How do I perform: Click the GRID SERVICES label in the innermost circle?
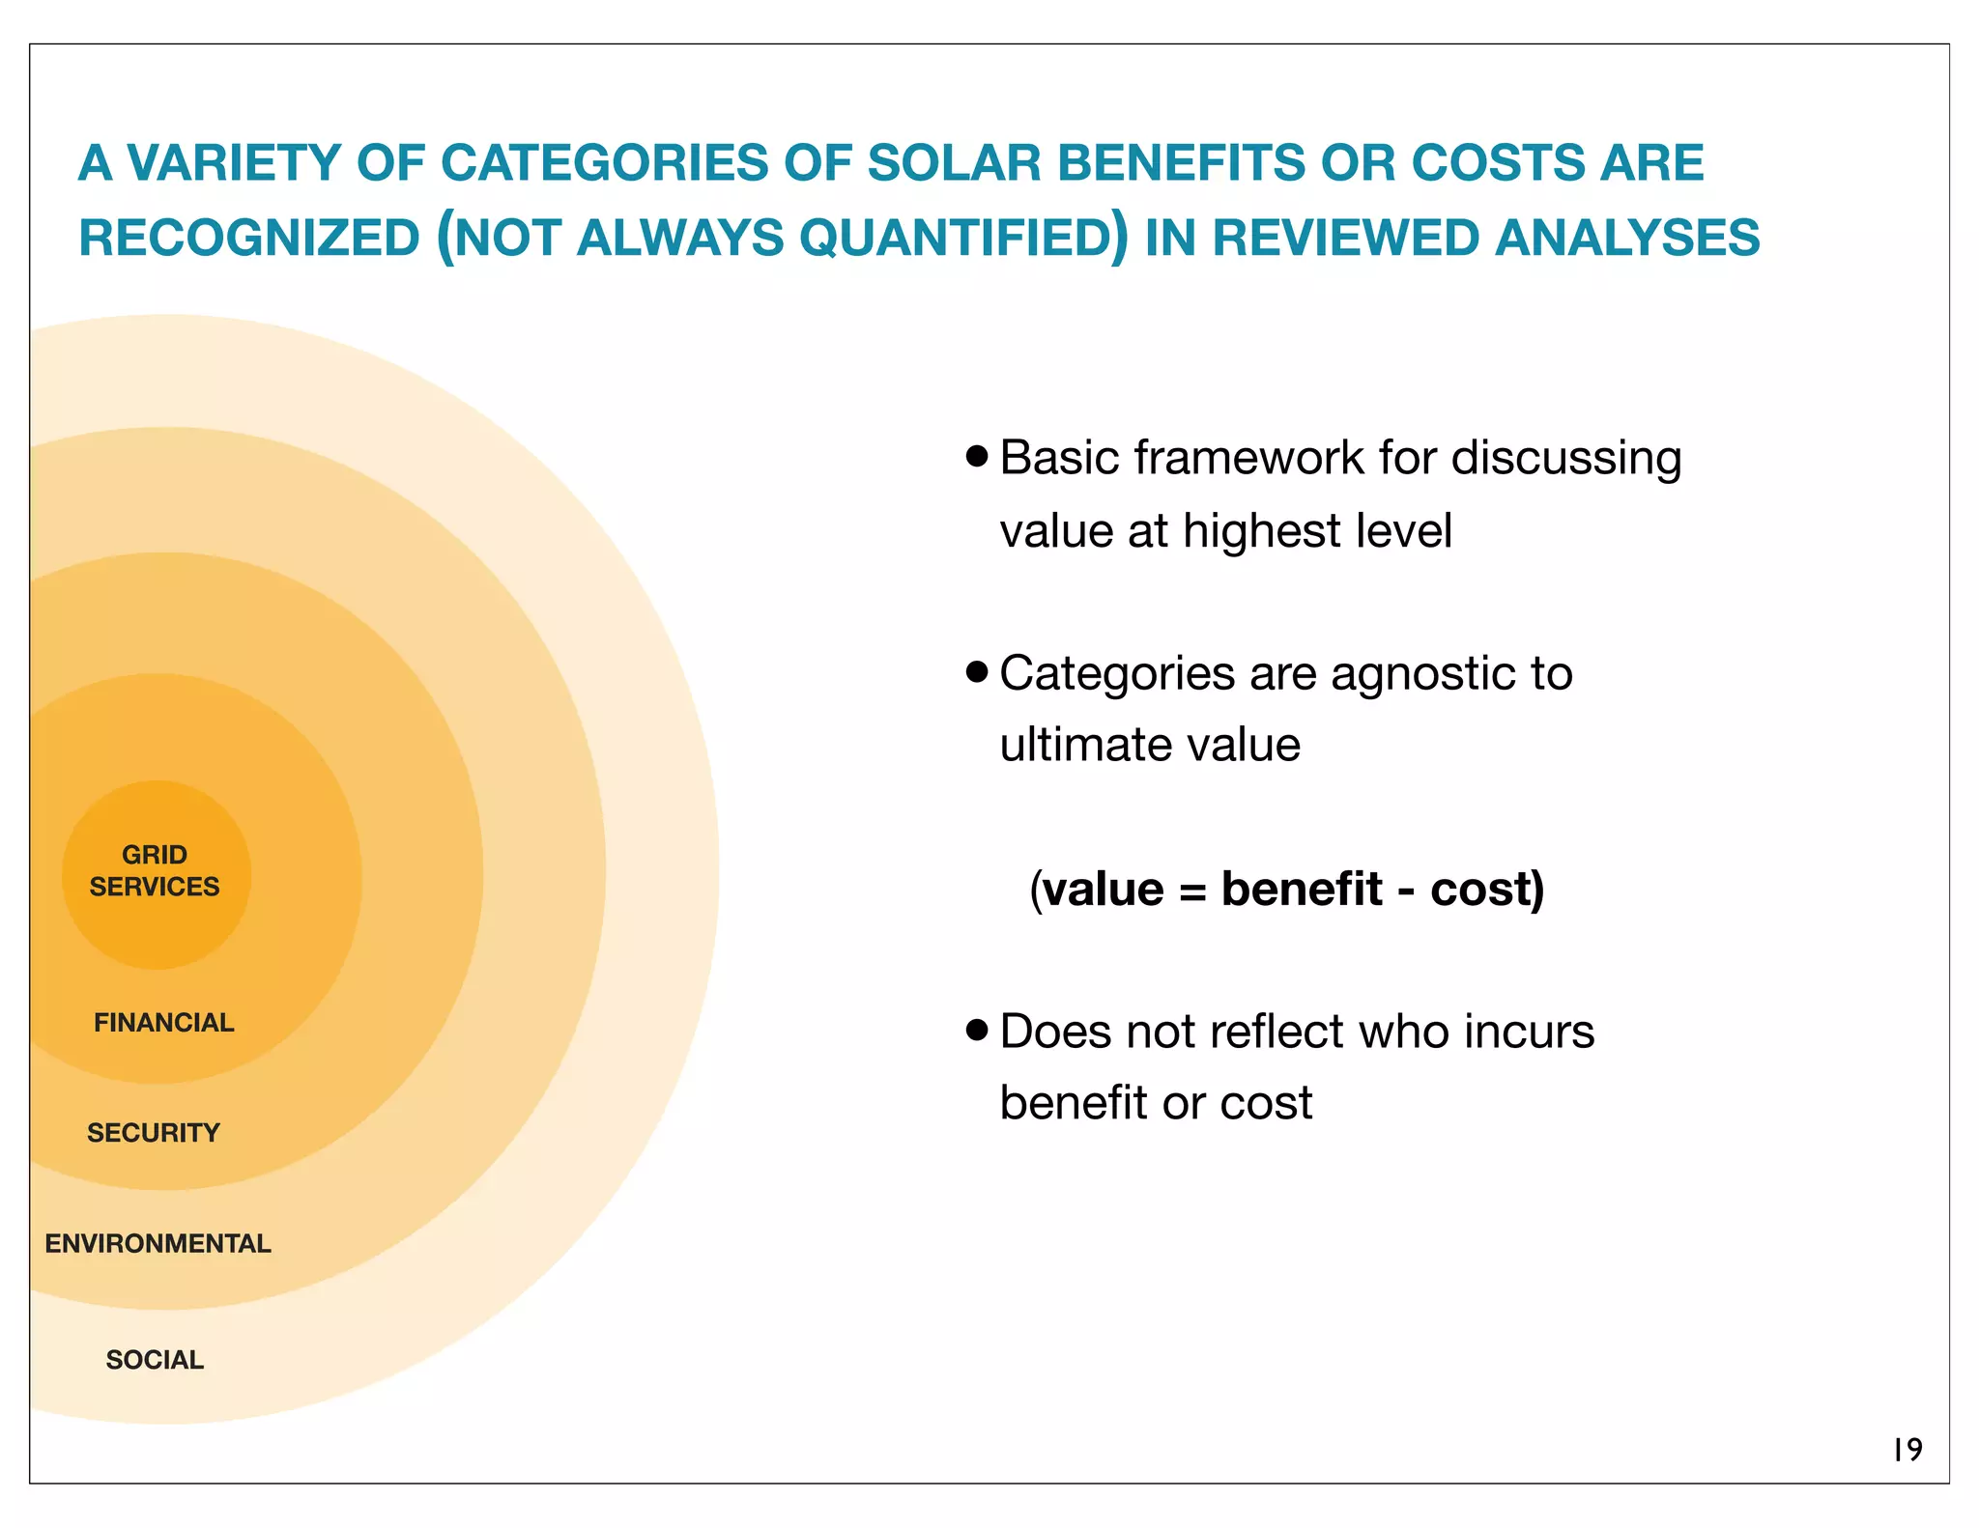155,870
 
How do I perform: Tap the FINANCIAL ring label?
163,1022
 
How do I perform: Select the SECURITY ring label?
154,1132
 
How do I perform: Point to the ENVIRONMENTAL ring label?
158,1243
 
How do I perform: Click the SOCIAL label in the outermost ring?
155,1359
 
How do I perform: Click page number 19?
1907,1449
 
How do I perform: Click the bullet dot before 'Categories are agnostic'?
977,670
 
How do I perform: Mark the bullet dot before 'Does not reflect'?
977,1030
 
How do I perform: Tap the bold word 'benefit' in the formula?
1301,889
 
